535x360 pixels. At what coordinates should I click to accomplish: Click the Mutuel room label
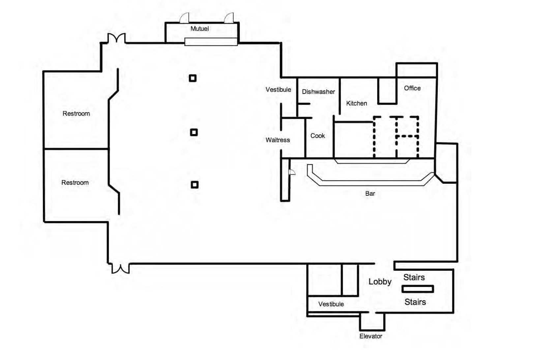[199, 29]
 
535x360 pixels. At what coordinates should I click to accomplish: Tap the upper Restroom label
[76, 114]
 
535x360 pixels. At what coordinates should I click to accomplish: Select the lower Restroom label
[75, 183]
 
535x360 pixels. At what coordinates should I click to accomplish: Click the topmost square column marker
[193, 78]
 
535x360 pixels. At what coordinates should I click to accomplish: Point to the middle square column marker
[194, 132]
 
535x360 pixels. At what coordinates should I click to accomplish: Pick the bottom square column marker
[194, 185]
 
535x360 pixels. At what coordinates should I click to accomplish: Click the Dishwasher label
[318, 92]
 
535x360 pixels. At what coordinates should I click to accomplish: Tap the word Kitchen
[356, 103]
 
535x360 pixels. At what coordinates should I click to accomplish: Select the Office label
[412, 88]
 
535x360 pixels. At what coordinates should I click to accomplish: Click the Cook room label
[317, 136]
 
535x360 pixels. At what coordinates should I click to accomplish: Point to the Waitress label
[278, 140]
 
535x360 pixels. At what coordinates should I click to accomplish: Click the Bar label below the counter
[370, 194]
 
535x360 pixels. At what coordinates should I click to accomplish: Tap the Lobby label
[380, 282]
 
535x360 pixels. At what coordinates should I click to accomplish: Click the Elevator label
[371, 336]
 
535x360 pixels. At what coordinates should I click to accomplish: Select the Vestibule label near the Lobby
[331, 304]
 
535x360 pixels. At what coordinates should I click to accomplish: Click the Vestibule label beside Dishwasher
[278, 90]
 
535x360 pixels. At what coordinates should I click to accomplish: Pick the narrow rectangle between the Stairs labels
[417, 289]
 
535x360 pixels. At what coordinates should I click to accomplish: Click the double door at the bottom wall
[120, 268]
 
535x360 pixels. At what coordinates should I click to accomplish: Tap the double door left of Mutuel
[117, 38]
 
